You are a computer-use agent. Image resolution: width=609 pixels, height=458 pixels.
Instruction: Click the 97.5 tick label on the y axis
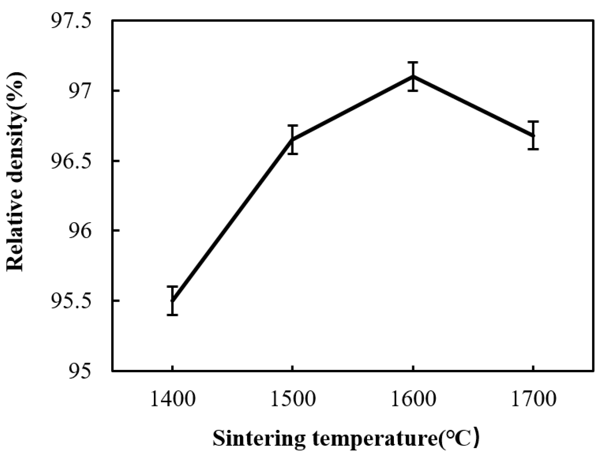[72, 21]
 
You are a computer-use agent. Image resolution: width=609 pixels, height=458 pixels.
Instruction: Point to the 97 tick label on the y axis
[80, 91]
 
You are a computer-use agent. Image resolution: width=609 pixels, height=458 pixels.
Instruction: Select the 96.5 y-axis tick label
[72, 161]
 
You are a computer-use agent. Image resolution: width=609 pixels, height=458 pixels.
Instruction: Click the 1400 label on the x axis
[172, 399]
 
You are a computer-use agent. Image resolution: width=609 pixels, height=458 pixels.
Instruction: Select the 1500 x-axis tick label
[292, 399]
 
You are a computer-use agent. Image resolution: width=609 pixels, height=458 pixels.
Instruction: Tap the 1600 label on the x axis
[413, 399]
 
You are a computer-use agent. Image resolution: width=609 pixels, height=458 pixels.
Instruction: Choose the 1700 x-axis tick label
[533, 399]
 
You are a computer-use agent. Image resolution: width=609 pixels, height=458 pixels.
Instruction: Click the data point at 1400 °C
[172, 301]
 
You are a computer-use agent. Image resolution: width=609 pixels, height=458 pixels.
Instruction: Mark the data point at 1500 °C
[292, 140]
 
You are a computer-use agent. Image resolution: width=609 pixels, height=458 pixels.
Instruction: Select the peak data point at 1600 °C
[413, 76]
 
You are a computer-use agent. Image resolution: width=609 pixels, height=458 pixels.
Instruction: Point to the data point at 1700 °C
[533, 135]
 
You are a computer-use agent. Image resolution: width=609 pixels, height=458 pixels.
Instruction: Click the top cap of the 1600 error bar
[413, 62]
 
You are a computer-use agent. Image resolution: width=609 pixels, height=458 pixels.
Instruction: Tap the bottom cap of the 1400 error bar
[172, 315]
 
